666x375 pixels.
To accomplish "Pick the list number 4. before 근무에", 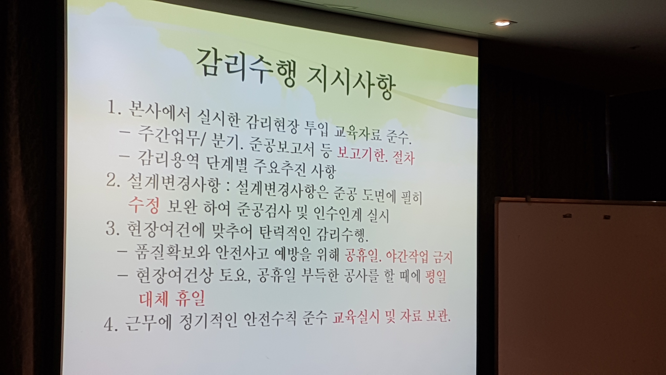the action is pyautogui.click(x=111, y=324).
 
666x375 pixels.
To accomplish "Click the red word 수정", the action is pyautogui.click(x=144, y=205).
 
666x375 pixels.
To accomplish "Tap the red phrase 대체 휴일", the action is pyautogui.click(x=172, y=298).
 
